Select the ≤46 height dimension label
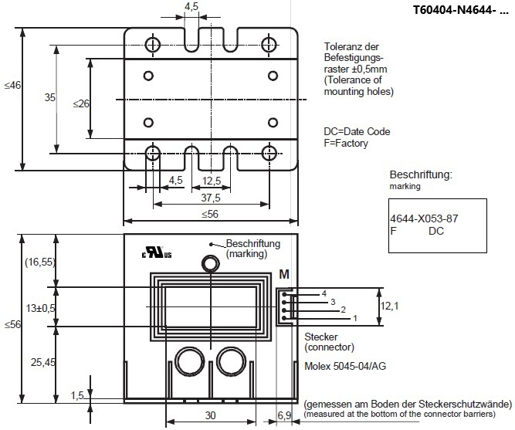click(12, 86)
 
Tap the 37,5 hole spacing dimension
click(211, 198)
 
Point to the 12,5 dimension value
click(212, 181)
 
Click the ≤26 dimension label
click(81, 103)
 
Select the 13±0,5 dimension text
click(41, 309)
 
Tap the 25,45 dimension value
click(43, 362)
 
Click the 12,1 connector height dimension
click(390, 306)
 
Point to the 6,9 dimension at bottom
click(284, 415)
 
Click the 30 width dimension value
click(211, 415)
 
